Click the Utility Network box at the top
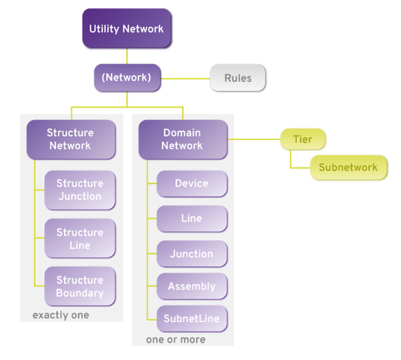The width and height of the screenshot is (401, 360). click(x=126, y=29)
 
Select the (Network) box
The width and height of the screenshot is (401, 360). click(x=126, y=77)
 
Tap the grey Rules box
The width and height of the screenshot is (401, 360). click(x=238, y=78)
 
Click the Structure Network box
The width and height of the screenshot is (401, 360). click(x=70, y=139)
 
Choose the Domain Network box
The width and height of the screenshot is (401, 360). click(x=183, y=139)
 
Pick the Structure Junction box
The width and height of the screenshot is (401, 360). click(x=80, y=190)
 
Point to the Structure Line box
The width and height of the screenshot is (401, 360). click(x=80, y=238)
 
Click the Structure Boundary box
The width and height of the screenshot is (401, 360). click(x=80, y=286)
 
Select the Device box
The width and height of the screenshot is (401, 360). click(x=192, y=183)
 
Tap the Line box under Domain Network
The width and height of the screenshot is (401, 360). click(x=192, y=218)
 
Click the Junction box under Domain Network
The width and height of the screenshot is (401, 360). click(x=192, y=254)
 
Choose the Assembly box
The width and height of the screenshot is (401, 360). click(x=192, y=286)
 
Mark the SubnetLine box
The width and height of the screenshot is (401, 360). click(x=192, y=319)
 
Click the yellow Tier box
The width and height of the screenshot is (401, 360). click(x=302, y=139)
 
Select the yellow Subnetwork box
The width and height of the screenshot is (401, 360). click(x=347, y=168)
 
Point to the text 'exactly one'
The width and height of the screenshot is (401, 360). click(x=61, y=315)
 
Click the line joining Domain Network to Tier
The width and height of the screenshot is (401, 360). click(x=253, y=139)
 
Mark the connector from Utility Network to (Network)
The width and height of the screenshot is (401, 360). click(x=126, y=56)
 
